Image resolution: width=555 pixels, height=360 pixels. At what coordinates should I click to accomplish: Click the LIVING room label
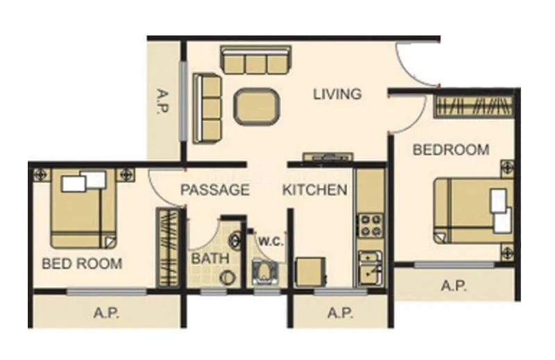coord(337,94)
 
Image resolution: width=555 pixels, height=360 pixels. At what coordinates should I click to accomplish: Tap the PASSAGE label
coord(215,189)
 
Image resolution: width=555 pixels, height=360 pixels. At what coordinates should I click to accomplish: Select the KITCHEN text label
coord(314,189)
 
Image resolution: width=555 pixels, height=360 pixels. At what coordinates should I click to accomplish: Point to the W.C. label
coord(269,241)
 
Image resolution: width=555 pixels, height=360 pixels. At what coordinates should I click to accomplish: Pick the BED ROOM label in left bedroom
coord(82,264)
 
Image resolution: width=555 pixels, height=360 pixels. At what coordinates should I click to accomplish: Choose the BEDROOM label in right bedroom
coord(451,149)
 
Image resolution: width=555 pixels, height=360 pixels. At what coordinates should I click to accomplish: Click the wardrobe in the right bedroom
coord(475,106)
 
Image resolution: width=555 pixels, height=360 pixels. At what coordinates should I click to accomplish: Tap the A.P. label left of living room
coord(164,102)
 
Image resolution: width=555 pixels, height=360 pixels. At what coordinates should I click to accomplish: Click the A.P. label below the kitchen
coord(340,313)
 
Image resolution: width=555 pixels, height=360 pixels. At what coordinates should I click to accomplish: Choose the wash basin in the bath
coord(237,240)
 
